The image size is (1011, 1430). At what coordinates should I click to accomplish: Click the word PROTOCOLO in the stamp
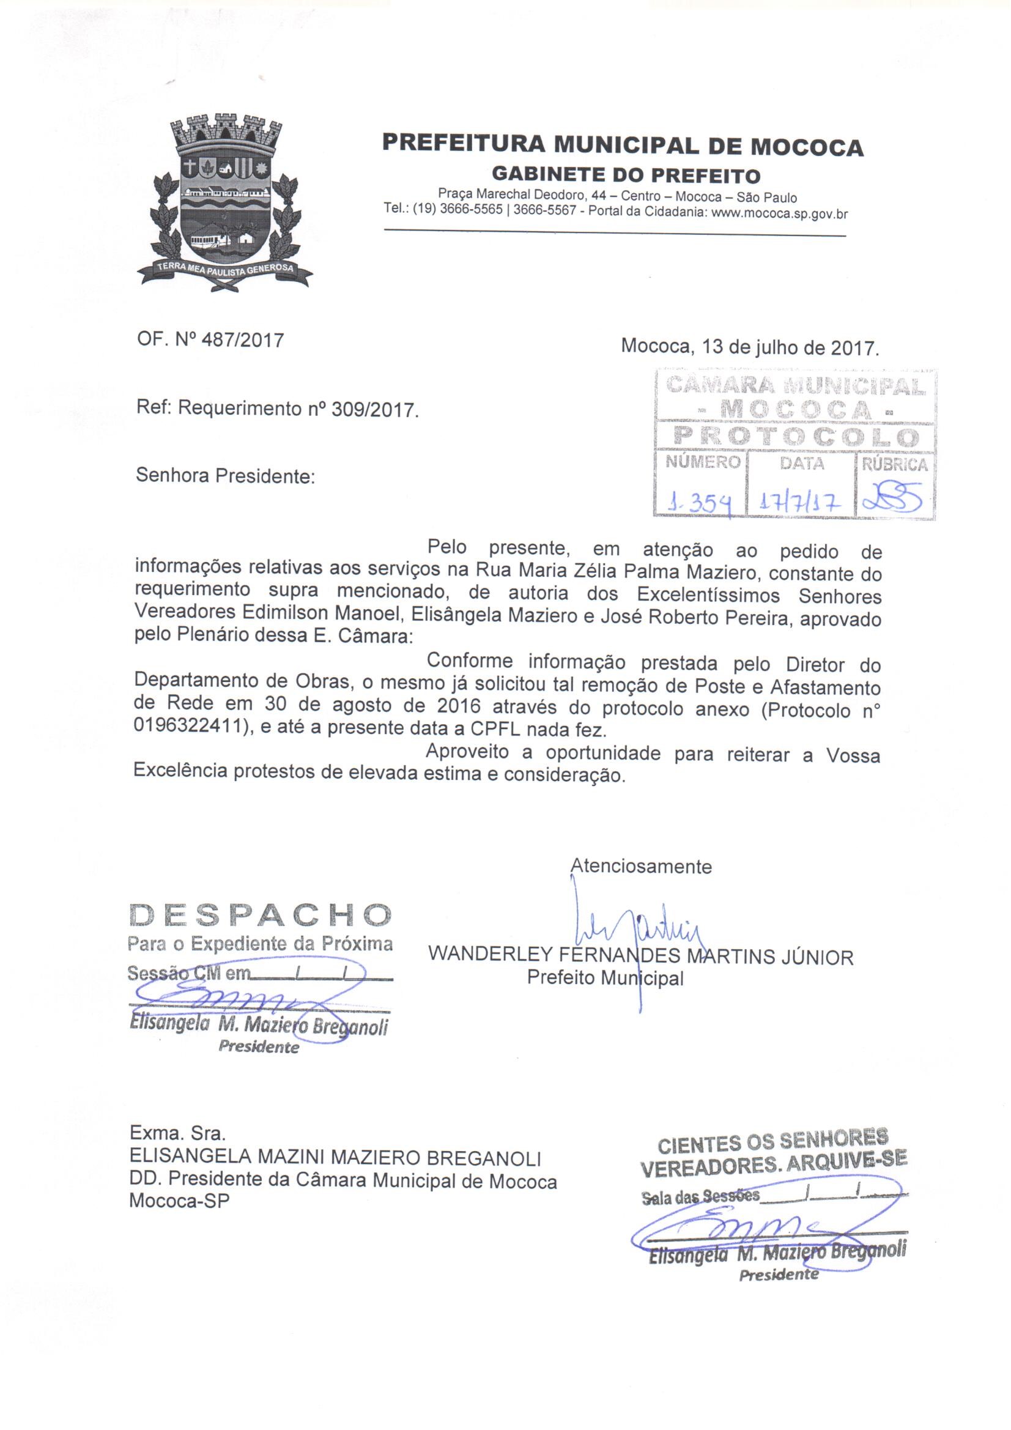[x=796, y=438]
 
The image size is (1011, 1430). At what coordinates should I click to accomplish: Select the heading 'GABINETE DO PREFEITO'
[x=626, y=175]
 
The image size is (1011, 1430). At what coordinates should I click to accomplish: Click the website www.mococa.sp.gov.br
[x=779, y=213]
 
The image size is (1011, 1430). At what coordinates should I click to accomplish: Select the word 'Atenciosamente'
[x=641, y=866]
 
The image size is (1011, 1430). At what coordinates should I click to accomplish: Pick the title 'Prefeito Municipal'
[x=605, y=977]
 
